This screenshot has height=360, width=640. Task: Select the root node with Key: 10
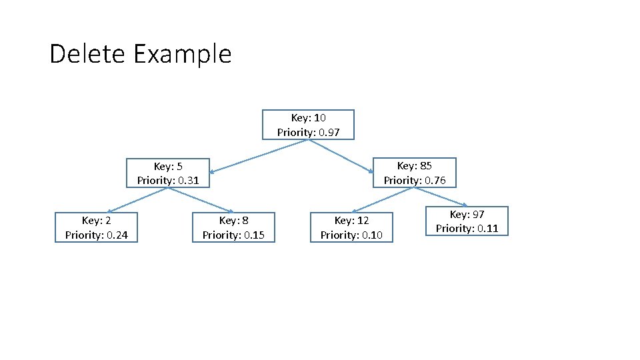click(x=308, y=125)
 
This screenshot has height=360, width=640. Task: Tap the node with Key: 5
click(x=168, y=173)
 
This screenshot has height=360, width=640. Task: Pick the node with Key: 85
click(x=414, y=173)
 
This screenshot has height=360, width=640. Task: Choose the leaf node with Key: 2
click(x=96, y=227)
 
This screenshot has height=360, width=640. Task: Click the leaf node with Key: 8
click(x=233, y=227)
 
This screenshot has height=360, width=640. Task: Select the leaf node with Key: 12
click(x=351, y=227)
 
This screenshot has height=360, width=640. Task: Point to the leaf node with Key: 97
click(x=467, y=221)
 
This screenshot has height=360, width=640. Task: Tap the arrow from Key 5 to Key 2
click(x=137, y=200)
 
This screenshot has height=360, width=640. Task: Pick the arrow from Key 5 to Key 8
click(x=200, y=200)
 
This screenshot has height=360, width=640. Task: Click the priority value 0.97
click(x=329, y=132)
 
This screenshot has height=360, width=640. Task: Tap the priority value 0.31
click(x=189, y=180)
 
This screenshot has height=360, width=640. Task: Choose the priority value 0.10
click(x=372, y=235)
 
